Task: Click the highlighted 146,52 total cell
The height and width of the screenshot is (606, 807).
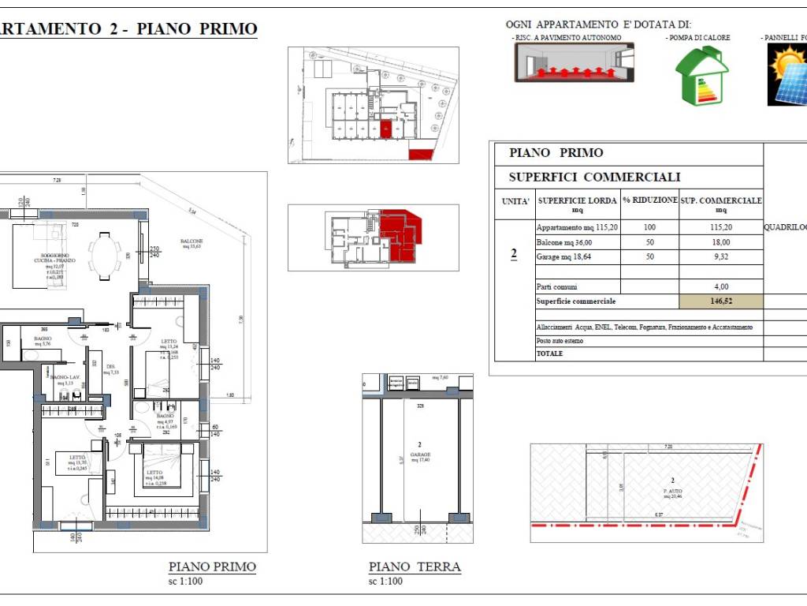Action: tap(720, 301)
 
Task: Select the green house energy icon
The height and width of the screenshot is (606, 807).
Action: tap(701, 76)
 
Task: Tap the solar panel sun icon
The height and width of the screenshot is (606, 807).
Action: tap(787, 74)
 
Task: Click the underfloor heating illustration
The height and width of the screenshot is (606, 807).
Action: tap(574, 62)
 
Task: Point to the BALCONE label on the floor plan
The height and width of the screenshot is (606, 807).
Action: tap(192, 242)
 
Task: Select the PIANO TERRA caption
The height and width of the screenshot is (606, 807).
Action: tap(415, 567)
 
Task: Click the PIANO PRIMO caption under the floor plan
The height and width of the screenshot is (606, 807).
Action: tap(212, 567)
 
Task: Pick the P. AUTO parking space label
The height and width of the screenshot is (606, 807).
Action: tap(672, 491)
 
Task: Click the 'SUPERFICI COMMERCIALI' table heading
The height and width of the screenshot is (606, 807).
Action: tap(594, 178)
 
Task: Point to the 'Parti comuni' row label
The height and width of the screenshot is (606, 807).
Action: tap(556, 287)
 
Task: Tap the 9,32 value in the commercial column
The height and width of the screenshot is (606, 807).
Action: tap(720, 257)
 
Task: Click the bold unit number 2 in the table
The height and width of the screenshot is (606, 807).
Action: tap(514, 254)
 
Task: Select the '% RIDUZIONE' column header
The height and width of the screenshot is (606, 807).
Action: tap(649, 200)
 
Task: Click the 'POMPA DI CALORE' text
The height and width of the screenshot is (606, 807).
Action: tap(698, 38)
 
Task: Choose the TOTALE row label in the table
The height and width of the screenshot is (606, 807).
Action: tap(550, 353)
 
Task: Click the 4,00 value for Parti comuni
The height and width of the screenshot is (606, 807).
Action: tap(720, 287)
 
